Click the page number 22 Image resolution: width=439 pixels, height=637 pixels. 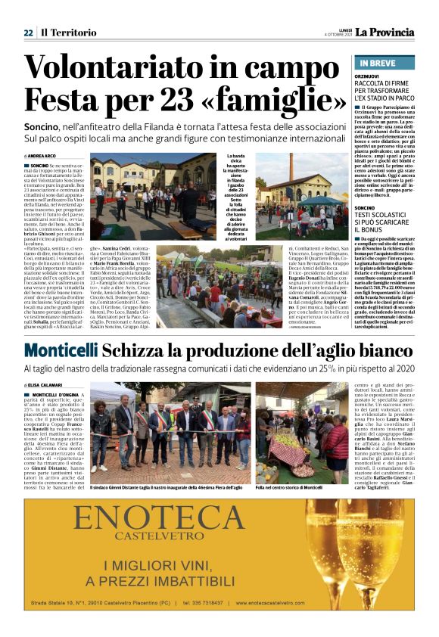point(28,33)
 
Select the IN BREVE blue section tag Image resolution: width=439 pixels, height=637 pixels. point(377,64)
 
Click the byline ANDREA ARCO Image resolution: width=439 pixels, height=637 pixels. point(44,156)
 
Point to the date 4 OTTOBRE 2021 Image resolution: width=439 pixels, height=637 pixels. point(338,35)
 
